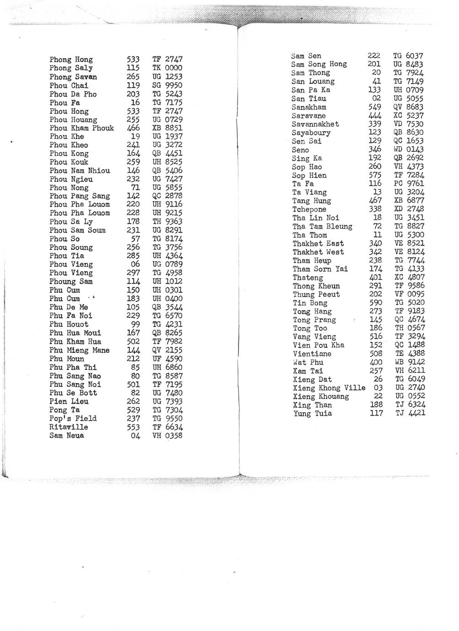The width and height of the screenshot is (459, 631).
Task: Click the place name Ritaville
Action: point(69,427)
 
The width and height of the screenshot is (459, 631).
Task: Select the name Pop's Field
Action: point(73,418)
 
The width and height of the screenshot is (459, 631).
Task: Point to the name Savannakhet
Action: point(315,124)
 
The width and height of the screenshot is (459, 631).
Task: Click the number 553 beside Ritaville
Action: point(133,427)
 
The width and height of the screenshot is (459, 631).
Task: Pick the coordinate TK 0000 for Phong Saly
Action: point(167,68)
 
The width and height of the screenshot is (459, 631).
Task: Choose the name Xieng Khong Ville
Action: point(329,388)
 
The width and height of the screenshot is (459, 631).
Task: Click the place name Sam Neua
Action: point(67,436)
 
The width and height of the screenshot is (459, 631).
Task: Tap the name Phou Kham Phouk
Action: point(82,128)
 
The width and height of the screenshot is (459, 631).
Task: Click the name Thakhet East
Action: point(318,243)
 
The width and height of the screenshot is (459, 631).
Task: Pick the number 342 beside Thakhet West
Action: point(376,252)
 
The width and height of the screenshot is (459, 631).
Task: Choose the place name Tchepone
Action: point(309,209)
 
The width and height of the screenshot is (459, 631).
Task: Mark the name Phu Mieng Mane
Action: point(80,350)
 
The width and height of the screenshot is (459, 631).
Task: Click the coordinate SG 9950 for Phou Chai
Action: point(167,86)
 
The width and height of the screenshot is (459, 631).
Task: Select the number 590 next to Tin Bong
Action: point(375,303)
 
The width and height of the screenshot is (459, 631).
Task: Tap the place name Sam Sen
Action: point(306,56)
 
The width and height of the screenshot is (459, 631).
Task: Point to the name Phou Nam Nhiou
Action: point(80,171)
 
